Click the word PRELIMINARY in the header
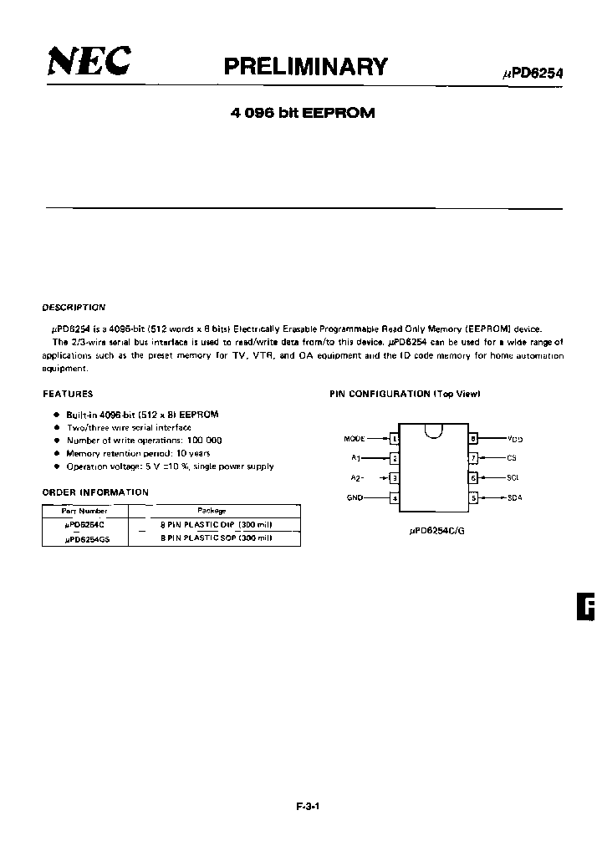pyautogui.click(x=306, y=67)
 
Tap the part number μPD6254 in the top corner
pyautogui.click(x=533, y=73)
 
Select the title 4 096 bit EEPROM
pyautogui.click(x=302, y=114)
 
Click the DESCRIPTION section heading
pyautogui.click(x=74, y=308)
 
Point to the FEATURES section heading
pyautogui.click(x=68, y=394)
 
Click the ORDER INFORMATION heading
pyautogui.click(x=95, y=492)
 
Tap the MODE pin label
pyautogui.click(x=355, y=438)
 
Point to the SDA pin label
pyautogui.click(x=514, y=498)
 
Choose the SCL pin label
pyautogui.click(x=513, y=478)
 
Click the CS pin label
pyautogui.click(x=512, y=458)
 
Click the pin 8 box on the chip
pyautogui.click(x=472, y=438)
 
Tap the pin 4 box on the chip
pyautogui.click(x=395, y=498)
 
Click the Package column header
pyautogui.click(x=212, y=510)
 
